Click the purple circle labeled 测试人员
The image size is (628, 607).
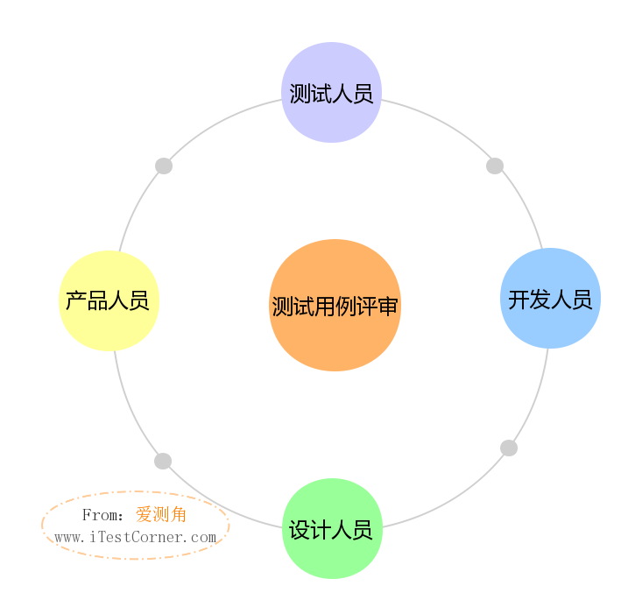click(332, 92)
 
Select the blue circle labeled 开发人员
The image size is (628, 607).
click(550, 299)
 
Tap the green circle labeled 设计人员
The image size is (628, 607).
click(333, 528)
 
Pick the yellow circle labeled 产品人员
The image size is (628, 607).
click(109, 300)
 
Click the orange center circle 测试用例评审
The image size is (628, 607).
click(335, 305)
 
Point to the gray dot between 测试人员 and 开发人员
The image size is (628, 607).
click(495, 166)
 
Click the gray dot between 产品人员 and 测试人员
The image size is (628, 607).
click(164, 166)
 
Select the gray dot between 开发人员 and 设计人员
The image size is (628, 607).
click(509, 448)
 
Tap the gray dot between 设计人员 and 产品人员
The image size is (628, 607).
click(163, 461)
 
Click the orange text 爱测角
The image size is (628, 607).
click(161, 514)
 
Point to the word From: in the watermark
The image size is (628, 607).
click(102, 515)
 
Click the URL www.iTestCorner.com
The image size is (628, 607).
click(136, 537)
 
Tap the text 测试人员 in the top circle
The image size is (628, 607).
click(331, 94)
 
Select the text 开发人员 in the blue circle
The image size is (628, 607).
click(550, 300)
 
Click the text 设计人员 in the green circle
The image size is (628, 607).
click(331, 530)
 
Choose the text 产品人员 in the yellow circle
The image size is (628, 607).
click(108, 300)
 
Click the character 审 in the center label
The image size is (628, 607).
click(388, 307)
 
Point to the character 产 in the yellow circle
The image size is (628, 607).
click(76, 300)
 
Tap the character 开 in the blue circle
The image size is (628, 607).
click(519, 300)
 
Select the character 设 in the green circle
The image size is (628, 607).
click(300, 530)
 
